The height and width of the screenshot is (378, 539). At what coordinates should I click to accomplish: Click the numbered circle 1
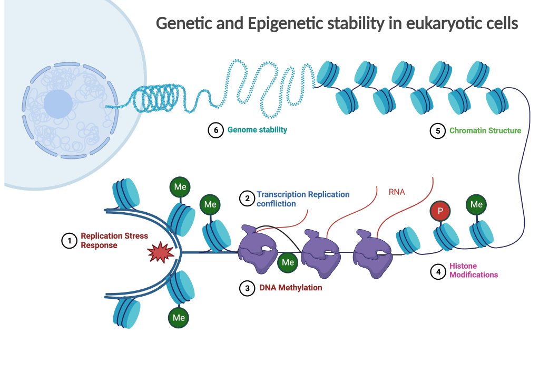tap(69, 240)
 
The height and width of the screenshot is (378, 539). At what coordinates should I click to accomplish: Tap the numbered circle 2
tap(247, 199)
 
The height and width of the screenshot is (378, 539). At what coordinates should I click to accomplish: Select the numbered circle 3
tap(248, 288)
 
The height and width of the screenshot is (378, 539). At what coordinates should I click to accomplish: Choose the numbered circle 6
tap(216, 130)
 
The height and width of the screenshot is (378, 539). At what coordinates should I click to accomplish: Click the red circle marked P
tap(440, 211)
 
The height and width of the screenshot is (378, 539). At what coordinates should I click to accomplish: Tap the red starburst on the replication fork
tap(161, 253)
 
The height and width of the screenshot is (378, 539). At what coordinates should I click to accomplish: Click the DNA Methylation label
tap(290, 288)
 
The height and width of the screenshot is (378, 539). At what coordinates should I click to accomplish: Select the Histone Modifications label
tap(473, 270)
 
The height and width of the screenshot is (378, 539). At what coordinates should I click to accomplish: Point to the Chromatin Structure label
tap(485, 130)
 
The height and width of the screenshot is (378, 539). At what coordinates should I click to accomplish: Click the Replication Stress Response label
tap(114, 240)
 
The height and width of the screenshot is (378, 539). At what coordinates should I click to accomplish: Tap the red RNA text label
tap(397, 192)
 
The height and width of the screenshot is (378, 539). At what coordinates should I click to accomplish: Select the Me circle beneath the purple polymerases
tap(288, 262)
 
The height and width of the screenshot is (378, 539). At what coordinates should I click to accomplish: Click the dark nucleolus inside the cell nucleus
tap(58, 104)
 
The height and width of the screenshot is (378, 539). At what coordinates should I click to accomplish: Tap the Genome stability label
tap(258, 129)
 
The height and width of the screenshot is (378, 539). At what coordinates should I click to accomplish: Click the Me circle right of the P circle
tap(476, 204)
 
